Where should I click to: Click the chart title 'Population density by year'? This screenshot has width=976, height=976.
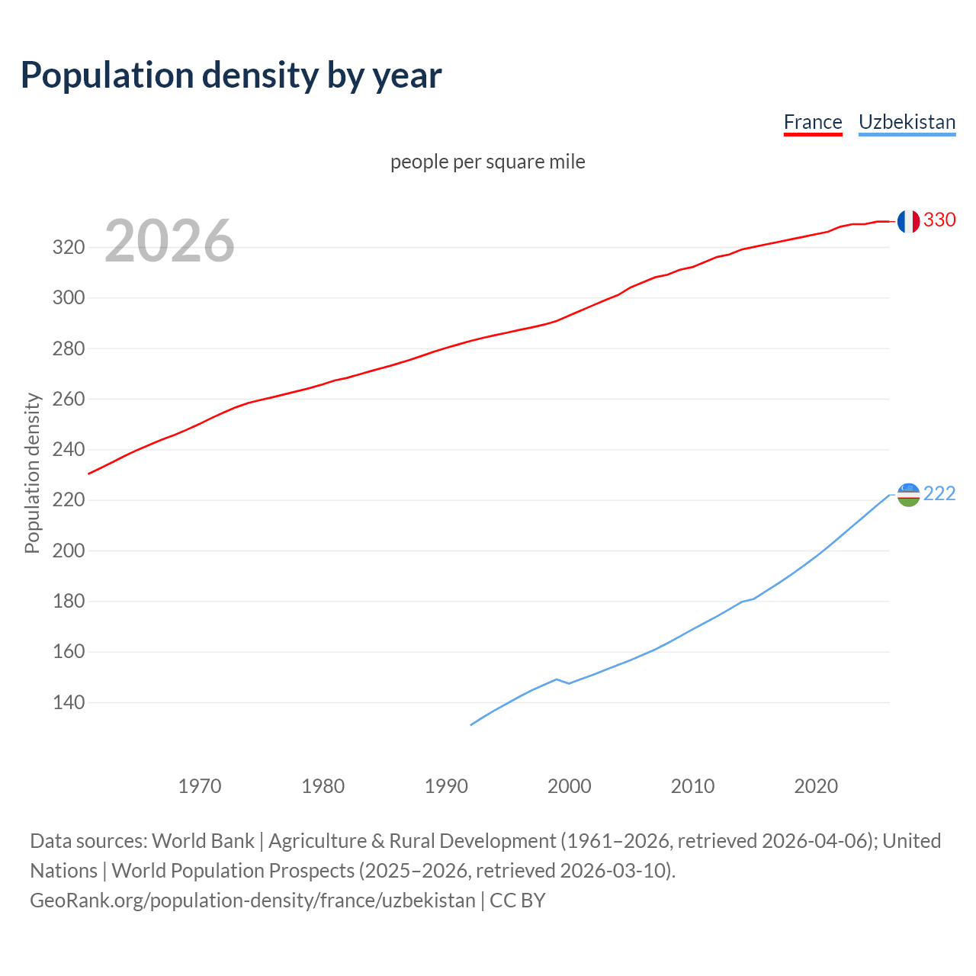[x=231, y=75]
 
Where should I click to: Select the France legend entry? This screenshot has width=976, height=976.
[x=813, y=122]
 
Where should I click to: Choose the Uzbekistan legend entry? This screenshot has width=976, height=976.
[x=907, y=122]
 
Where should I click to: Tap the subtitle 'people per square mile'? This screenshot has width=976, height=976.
[x=488, y=162]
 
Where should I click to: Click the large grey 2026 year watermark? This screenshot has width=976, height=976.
[x=169, y=241]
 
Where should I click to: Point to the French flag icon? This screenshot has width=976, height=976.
[x=908, y=221]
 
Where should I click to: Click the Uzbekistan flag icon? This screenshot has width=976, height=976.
[x=908, y=494]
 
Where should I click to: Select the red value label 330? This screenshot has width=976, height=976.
[x=939, y=220]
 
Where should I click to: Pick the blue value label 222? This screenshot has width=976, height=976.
[x=939, y=494]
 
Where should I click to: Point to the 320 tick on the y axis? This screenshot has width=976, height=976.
[x=68, y=247]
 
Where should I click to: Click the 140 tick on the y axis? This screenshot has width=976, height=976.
[x=68, y=702]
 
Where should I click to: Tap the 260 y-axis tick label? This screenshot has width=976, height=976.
[x=68, y=399]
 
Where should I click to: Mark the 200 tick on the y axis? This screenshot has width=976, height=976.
[x=68, y=551]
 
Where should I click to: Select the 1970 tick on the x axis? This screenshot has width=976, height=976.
[x=200, y=786]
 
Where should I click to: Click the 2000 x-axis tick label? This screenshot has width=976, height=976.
[x=569, y=786]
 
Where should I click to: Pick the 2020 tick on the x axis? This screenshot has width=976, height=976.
[x=816, y=786]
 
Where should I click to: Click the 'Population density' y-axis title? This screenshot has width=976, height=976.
[x=32, y=473]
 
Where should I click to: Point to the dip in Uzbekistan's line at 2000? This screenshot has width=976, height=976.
[x=569, y=683]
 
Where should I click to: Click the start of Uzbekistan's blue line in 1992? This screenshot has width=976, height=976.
[x=471, y=724]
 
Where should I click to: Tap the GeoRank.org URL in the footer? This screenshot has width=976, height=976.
[x=252, y=901]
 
